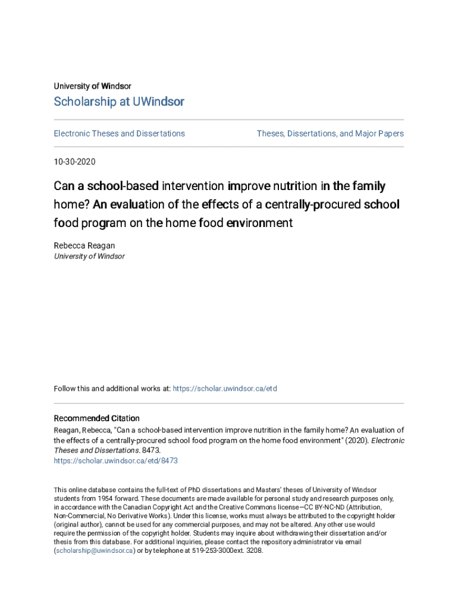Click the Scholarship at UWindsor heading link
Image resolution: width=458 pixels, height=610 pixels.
[x=119, y=102]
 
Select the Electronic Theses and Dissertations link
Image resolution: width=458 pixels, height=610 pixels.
[x=120, y=133]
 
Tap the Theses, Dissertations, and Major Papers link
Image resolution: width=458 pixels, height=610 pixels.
[x=330, y=133]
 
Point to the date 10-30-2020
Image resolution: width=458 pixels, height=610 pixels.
[x=74, y=161]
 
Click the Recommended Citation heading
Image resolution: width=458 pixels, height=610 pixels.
[x=97, y=418]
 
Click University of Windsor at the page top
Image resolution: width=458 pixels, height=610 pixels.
[x=92, y=86]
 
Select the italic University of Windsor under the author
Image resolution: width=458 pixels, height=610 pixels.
[x=89, y=256]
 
